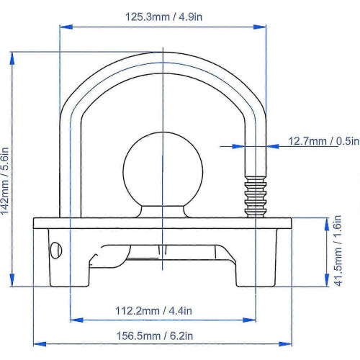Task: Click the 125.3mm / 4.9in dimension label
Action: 163,17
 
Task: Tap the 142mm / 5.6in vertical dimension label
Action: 5,181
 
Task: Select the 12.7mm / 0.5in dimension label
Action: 323,141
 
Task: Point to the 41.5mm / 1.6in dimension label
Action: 338,251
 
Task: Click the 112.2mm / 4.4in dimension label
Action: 153,311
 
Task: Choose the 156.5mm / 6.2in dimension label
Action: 155,336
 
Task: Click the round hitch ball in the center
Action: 163,170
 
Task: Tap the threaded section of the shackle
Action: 256,197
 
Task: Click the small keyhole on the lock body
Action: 56,250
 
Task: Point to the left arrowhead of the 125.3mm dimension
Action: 66,27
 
